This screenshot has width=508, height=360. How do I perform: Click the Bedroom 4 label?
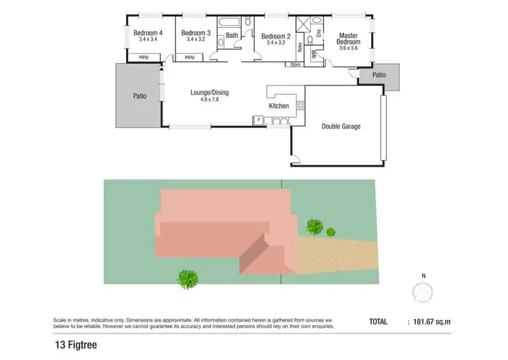coord(148,32)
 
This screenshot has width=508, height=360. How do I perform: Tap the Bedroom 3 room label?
coord(196,32)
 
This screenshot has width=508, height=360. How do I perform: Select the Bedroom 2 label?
coord(276,36)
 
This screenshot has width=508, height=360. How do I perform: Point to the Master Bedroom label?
coord(349,39)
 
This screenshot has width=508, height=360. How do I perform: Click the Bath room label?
coord(232,35)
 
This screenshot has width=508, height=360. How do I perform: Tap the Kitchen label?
coord(279,106)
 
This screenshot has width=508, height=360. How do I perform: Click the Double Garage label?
coord(341,126)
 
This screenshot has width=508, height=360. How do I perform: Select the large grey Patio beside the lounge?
coord(139,96)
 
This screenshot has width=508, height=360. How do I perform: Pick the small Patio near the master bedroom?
coord(379,75)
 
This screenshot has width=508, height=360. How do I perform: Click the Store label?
coord(295,64)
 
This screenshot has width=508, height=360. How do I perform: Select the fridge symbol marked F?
coord(258,121)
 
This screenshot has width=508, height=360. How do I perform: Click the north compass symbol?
coord(423,290)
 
